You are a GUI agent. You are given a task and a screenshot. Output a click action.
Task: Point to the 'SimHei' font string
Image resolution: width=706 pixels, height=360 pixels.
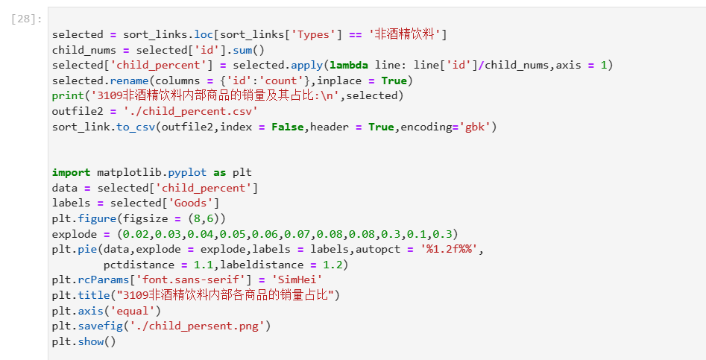click(x=297, y=280)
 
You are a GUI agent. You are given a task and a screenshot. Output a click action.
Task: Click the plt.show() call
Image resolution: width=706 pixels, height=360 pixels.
click(x=83, y=341)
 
